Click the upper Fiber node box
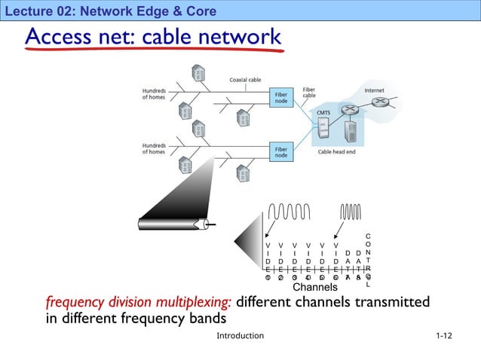point(281,96)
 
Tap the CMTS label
point(323,113)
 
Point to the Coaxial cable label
point(246,80)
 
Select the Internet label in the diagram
point(374,90)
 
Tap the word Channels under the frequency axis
point(314,287)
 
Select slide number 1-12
point(443,335)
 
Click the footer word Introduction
point(240,335)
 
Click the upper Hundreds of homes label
point(154,94)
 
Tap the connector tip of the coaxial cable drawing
point(206,224)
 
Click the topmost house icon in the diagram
point(198,73)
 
